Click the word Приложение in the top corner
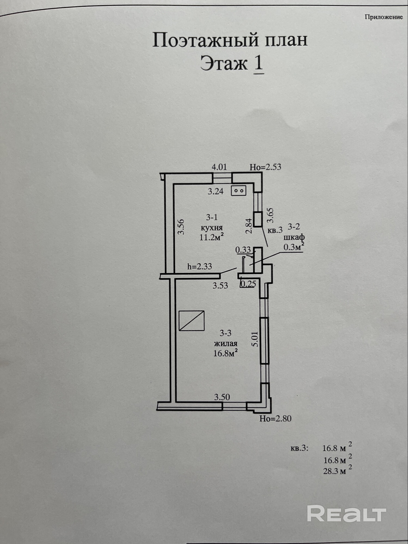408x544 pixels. pos(384,17)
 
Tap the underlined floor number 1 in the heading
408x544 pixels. pos(258,63)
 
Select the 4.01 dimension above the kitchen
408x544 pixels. pos(219,167)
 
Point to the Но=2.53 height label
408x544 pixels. pos(265,167)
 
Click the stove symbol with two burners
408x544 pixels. pos(239,191)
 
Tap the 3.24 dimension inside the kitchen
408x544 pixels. pos(215,191)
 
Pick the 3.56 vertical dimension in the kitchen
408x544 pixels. pos(181,227)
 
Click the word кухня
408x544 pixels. pos(212,227)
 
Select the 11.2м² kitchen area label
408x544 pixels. pos(212,237)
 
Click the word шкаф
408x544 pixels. pos(294,237)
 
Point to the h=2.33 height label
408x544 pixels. pos(200,266)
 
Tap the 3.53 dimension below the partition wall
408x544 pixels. pos(220,286)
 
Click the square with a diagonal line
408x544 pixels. pos(191,321)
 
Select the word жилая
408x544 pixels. pos(225,344)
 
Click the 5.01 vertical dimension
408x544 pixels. pos(255,340)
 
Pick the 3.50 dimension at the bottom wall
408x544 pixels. pos(222,397)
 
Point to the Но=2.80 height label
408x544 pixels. pos(275,418)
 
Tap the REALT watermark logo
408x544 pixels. pos(347,514)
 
